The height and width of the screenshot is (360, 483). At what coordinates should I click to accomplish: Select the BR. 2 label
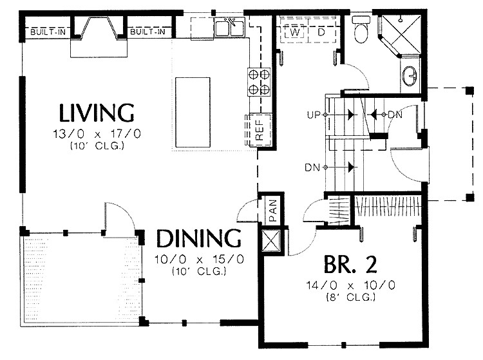[350, 265]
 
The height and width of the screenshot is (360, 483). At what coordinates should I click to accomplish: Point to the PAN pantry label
[272, 210]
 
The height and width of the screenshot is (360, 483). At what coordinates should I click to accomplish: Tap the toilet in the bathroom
[361, 30]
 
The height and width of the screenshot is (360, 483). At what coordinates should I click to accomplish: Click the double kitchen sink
[229, 28]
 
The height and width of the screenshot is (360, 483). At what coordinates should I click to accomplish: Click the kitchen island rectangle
[193, 113]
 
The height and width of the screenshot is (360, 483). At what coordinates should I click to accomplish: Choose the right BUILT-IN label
[147, 32]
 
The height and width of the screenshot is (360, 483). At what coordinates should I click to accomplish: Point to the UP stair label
[314, 115]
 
